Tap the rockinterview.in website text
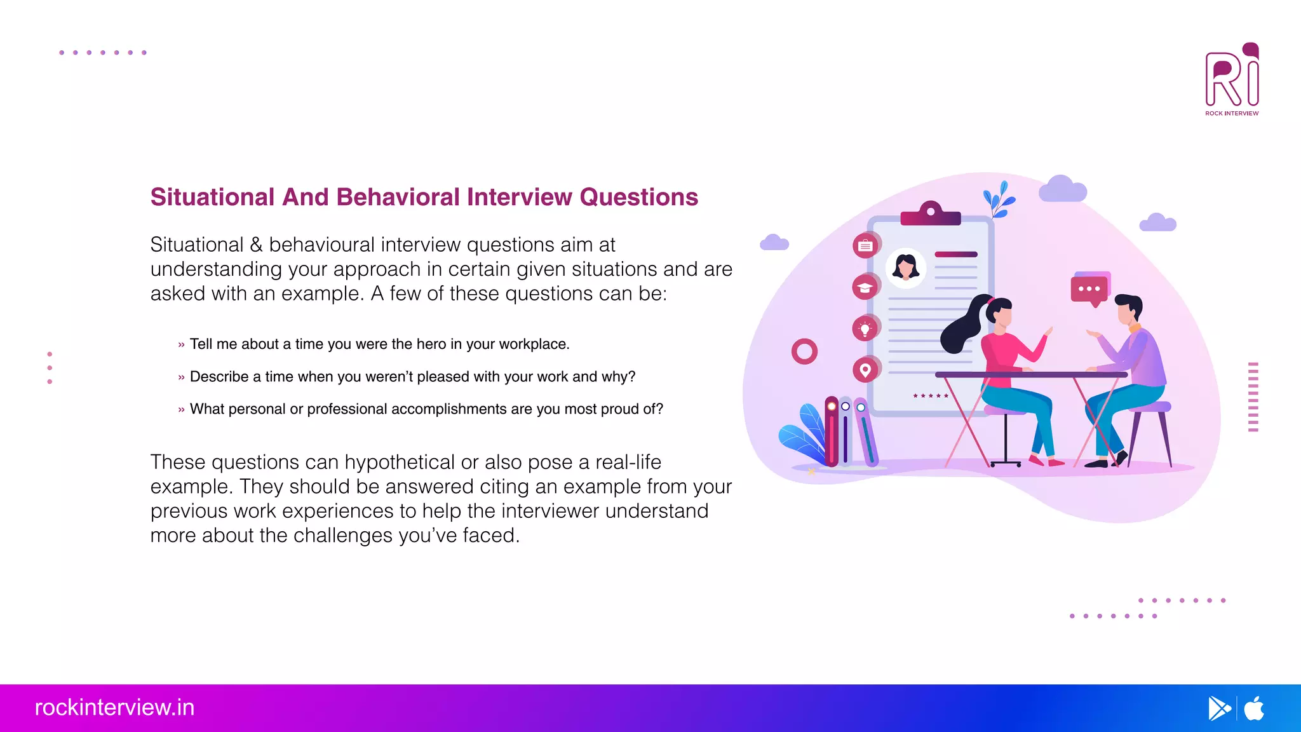(114, 707)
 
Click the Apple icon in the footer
(1254, 708)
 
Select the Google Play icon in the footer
(1218, 708)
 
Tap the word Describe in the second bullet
(219, 377)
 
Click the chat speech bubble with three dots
(1089, 289)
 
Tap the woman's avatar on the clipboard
(905, 268)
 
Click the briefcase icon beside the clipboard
(865, 246)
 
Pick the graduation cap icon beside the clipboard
(865, 288)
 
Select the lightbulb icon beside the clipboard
(865, 329)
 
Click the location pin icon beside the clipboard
(865, 370)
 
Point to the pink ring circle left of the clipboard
(804, 351)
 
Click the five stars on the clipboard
(931, 396)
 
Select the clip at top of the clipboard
(931, 214)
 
